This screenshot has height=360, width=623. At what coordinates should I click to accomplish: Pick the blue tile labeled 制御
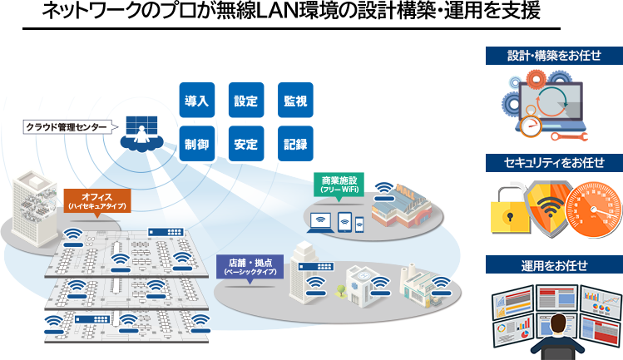197,144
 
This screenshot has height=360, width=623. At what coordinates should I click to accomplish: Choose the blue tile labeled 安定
246,144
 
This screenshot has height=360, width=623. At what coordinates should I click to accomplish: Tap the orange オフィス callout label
96,200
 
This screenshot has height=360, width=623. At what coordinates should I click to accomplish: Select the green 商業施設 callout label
339,184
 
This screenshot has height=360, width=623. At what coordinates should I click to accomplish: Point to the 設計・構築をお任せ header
554,56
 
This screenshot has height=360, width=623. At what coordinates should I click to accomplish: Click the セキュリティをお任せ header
554,161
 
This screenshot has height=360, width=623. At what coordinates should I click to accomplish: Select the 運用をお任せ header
554,266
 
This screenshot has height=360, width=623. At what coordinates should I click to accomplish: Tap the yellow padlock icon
509,208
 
